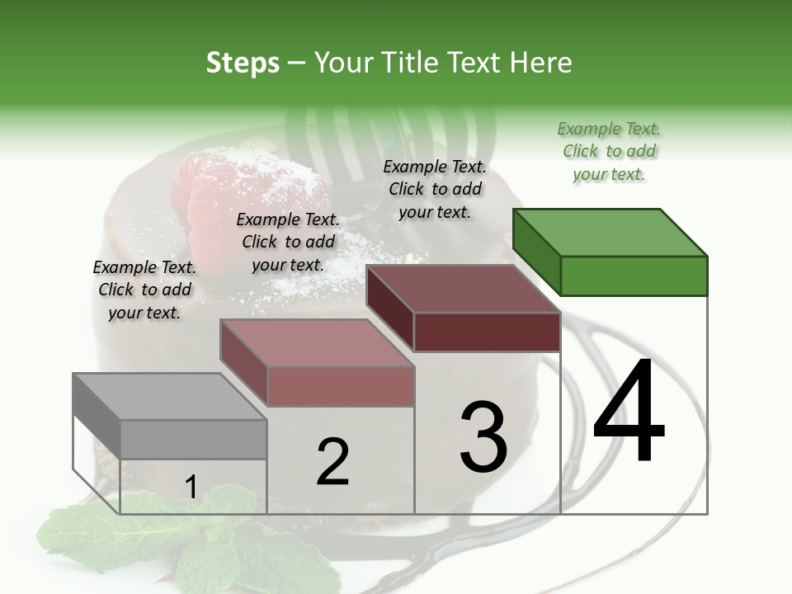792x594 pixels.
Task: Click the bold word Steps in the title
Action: click(x=243, y=63)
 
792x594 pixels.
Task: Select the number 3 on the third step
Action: click(x=483, y=436)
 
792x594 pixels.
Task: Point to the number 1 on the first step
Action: click(x=191, y=488)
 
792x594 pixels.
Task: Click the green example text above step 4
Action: click(x=609, y=151)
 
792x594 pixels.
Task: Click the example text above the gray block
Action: click(x=144, y=290)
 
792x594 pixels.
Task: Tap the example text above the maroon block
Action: click(x=435, y=189)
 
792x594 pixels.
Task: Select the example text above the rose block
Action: click(x=288, y=242)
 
